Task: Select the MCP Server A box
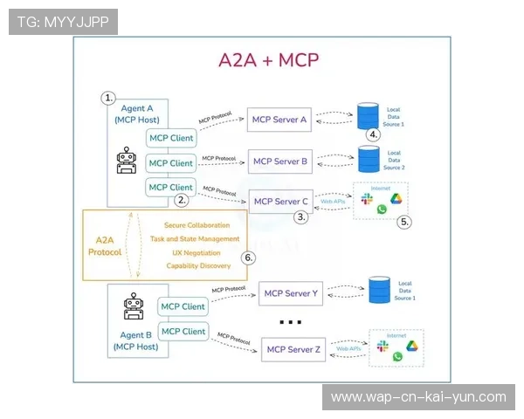point(279,120)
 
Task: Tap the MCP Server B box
point(279,161)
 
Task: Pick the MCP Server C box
point(280,202)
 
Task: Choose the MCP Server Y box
point(291,293)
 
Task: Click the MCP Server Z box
point(293,350)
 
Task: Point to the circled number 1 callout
point(109,98)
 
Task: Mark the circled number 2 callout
point(182,200)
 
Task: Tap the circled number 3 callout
point(301,217)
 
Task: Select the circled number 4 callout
point(373,134)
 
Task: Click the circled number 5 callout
point(404,222)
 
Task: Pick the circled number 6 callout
point(248,258)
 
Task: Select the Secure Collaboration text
point(197,225)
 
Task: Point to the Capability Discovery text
point(198,265)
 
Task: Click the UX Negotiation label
point(197,252)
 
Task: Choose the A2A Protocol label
point(106,245)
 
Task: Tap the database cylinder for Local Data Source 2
point(369,159)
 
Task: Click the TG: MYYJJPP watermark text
point(63,22)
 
